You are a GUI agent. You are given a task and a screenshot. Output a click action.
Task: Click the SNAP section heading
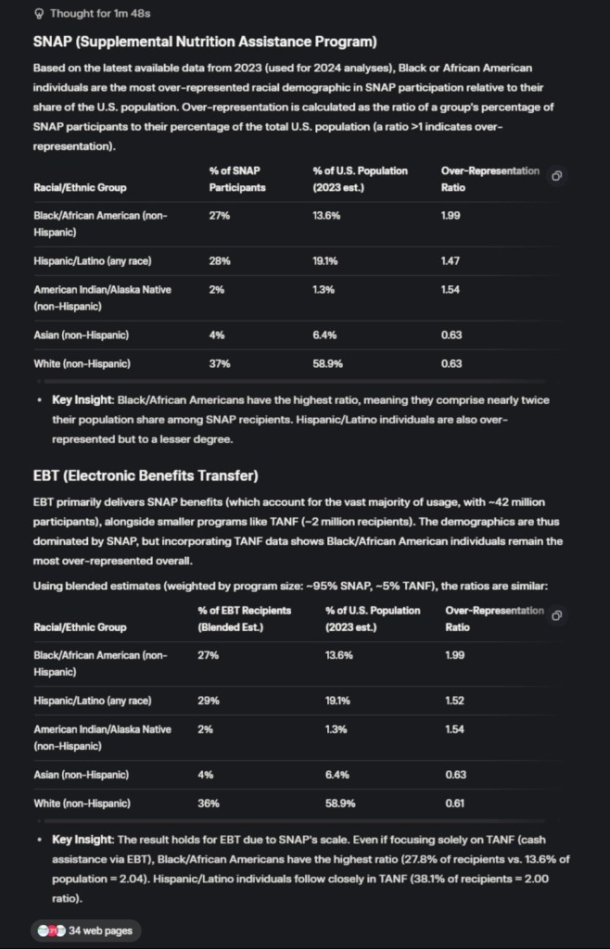pyautogui.click(x=204, y=42)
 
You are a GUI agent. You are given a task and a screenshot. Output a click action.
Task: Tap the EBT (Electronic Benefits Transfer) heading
pyautogui.click(x=145, y=476)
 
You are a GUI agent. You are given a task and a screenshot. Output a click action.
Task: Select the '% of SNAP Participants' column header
pyautogui.click(x=237, y=179)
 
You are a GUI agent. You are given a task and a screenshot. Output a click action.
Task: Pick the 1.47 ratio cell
pyautogui.click(x=451, y=260)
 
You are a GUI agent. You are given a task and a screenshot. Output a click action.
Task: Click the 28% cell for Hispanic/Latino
pyautogui.click(x=220, y=260)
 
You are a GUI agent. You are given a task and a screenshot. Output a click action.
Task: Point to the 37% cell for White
pyautogui.click(x=220, y=363)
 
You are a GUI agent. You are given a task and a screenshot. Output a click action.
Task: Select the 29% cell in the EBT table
pyautogui.click(x=209, y=700)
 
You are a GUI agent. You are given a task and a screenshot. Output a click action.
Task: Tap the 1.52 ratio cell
pyautogui.click(x=454, y=700)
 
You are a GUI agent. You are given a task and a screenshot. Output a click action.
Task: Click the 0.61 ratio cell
pyautogui.click(x=454, y=803)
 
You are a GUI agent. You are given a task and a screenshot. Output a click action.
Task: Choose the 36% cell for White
pyautogui.click(x=209, y=803)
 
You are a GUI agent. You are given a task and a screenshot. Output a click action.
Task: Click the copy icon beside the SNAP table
pyautogui.click(x=556, y=175)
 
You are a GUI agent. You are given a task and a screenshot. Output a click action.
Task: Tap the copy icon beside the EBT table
pyautogui.click(x=556, y=615)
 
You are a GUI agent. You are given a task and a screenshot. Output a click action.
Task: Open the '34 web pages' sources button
pyautogui.click(x=86, y=930)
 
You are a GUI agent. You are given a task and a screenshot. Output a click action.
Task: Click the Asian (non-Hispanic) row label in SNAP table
pyautogui.click(x=81, y=335)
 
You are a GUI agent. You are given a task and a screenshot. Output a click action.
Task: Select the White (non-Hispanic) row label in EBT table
pyautogui.click(x=82, y=803)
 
